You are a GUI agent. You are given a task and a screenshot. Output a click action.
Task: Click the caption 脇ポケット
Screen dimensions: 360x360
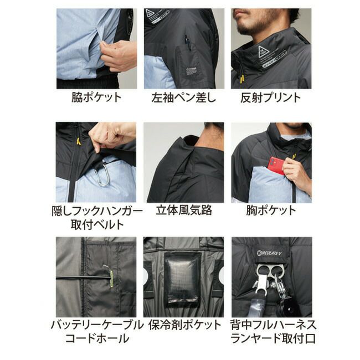(x=96, y=97)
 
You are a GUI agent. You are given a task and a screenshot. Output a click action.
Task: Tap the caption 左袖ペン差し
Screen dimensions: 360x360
(x=184, y=97)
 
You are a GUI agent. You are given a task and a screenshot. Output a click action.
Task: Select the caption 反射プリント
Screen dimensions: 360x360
(x=271, y=97)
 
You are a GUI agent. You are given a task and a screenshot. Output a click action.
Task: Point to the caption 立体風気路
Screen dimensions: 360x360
(x=184, y=210)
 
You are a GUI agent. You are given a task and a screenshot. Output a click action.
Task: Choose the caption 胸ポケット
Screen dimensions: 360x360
(x=271, y=210)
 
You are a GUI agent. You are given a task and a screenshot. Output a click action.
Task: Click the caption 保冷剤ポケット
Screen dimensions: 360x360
(x=184, y=325)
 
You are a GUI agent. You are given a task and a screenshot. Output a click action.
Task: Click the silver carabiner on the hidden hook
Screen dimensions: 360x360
(x=103, y=175)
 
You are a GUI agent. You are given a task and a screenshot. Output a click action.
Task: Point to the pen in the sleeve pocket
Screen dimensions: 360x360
(x=188, y=43)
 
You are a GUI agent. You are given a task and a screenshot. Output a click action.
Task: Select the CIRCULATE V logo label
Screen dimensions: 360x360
(x=269, y=253)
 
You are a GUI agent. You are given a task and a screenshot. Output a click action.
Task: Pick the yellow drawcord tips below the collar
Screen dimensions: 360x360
(x=241, y=79)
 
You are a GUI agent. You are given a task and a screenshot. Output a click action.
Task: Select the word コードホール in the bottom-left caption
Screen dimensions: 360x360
(x=97, y=338)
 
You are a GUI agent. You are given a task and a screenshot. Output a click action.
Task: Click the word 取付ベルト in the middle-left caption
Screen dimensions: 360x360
(x=97, y=224)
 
